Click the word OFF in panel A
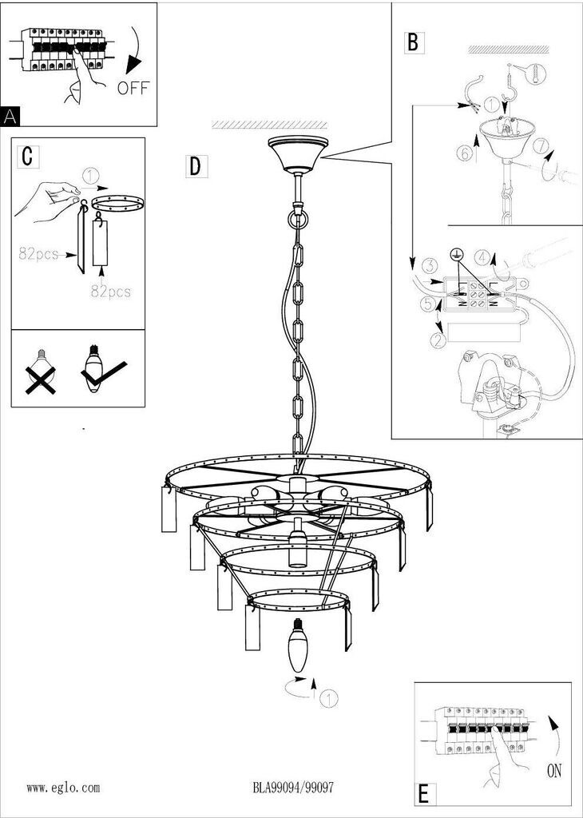pyautogui.click(x=133, y=88)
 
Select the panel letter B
pyautogui.click(x=412, y=42)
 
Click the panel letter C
pyautogui.click(x=27, y=156)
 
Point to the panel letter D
pyautogui.click(x=195, y=166)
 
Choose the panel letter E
pyautogui.click(x=423, y=794)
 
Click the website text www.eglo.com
pyautogui.click(x=63, y=788)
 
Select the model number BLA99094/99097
pyautogui.click(x=293, y=788)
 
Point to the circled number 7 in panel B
pyautogui.click(x=541, y=148)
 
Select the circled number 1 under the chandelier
pyautogui.click(x=329, y=698)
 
